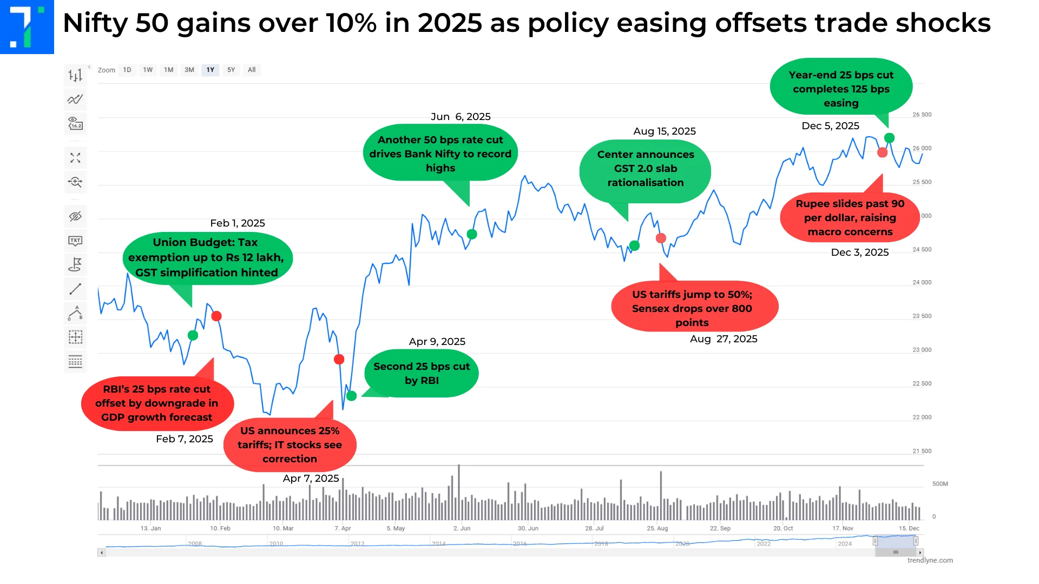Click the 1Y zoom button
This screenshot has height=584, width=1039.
(210, 70)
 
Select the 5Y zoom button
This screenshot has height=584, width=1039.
(231, 70)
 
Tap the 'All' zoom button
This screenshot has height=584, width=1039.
(252, 70)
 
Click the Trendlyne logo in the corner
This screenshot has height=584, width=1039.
(27, 26)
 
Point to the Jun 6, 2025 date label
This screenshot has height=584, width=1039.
(461, 117)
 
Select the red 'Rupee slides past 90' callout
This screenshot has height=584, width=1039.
(850, 217)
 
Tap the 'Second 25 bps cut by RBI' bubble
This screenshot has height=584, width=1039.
(422, 373)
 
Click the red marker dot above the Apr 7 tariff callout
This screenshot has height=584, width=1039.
(339, 360)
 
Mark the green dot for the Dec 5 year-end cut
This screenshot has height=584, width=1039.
(889, 138)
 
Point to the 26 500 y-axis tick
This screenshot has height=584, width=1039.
(922, 115)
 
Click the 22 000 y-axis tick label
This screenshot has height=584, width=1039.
(922, 417)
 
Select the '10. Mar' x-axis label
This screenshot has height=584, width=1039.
(283, 528)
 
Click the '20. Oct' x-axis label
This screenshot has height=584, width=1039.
(782, 528)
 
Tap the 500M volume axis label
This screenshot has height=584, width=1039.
(940, 484)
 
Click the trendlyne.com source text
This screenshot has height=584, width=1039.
(930, 560)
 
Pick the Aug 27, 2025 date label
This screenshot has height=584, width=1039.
(724, 339)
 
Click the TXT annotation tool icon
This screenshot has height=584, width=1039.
(75, 241)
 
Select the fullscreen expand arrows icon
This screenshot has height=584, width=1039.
(75, 158)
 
